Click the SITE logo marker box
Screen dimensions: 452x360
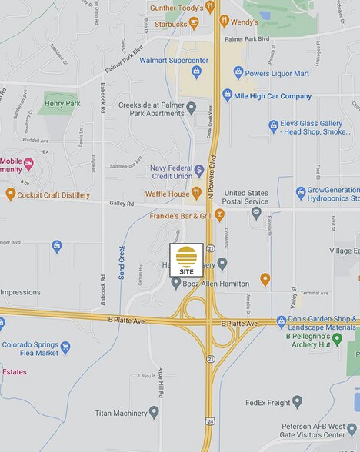click(186, 261)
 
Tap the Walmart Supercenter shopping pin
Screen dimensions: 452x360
click(196, 72)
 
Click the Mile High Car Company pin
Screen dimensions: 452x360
click(227, 95)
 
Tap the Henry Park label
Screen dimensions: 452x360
click(63, 102)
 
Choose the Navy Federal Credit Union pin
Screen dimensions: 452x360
click(199, 170)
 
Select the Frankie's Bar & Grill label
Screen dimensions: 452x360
click(180, 216)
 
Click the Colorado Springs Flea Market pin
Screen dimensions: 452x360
click(65, 347)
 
